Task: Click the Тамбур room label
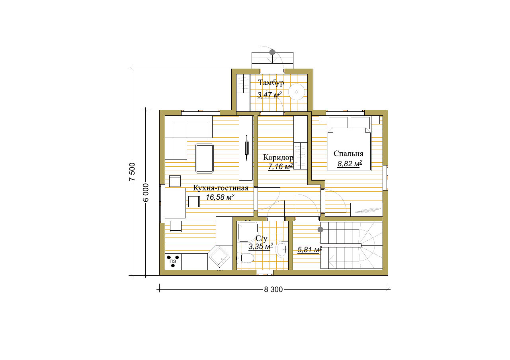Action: pyautogui.click(x=271, y=83)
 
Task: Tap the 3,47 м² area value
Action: pyautogui.click(x=270, y=95)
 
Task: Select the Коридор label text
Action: pyautogui.click(x=278, y=158)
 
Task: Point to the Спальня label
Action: pyautogui.click(x=348, y=154)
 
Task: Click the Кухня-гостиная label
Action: pyautogui.click(x=221, y=188)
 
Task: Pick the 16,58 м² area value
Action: pyautogui.click(x=220, y=197)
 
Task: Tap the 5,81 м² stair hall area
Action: pyautogui.click(x=310, y=250)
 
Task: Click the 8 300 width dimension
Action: pyautogui.click(x=273, y=290)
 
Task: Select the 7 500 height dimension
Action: pyautogui.click(x=132, y=172)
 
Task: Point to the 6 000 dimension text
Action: pyautogui.click(x=146, y=193)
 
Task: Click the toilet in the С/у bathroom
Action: pyautogui.click(x=245, y=258)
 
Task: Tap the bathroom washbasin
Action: pyautogui.click(x=282, y=249)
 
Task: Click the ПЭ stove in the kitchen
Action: pyautogui.click(x=173, y=261)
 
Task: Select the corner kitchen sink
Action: pyautogui.click(x=219, y=257)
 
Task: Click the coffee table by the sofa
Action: pyautogui.click(x=205, y=158)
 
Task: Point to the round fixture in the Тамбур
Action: pyautogui.click(x=297, y=92)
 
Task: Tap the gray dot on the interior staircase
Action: pyautogui.click(x=320, y=230)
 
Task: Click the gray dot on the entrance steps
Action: pyautogui.click(x=272, y=52)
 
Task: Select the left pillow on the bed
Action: pyautogui.click(x=338, y=123)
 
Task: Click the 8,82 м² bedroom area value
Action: pyautogui.click(x=350, y=163)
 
